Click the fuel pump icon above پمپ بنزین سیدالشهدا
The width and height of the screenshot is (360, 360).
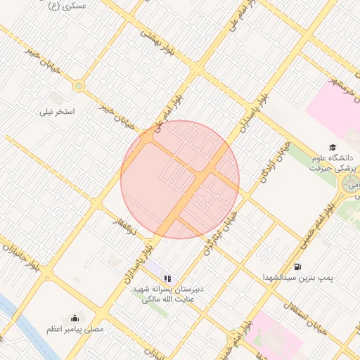click(x=297, y=266)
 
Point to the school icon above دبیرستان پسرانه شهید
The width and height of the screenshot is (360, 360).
click(x=167, y=278)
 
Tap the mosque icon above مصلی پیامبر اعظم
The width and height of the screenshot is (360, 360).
click(x=75, y=316)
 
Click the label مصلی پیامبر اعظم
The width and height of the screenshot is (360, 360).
click(x=75, y=328)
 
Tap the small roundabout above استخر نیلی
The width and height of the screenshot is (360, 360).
click(x=78, y=86)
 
